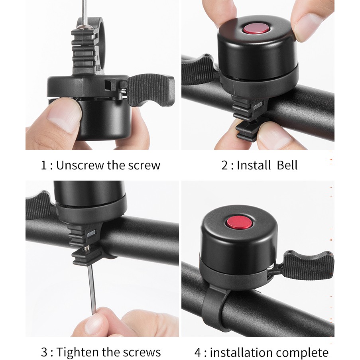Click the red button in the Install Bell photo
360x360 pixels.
click(256, 29)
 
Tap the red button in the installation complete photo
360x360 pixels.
click(239, 222)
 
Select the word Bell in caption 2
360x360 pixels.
click(287, 165)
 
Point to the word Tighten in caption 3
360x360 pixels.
click(78, 352)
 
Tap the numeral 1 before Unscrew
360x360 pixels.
click(43, 165)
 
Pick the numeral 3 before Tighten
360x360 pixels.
click(44, 352)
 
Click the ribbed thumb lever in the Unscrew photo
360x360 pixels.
click(151, 90)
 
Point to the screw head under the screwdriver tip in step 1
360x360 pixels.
click(85, 27)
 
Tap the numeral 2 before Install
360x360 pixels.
click(224, 165)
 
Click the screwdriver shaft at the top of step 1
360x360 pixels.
click(85, 12)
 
